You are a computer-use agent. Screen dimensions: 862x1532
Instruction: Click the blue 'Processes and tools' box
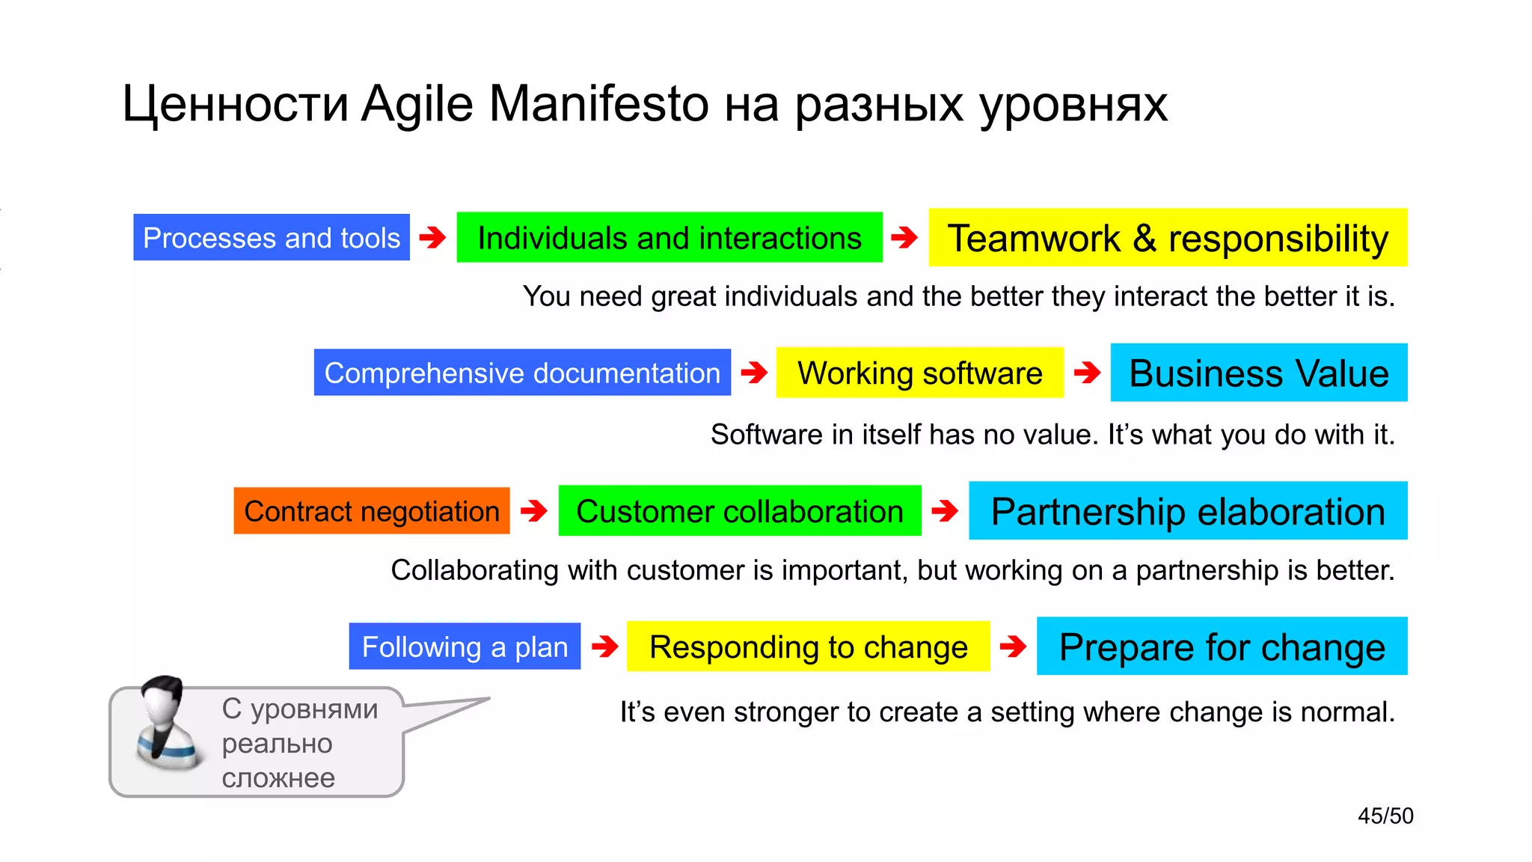coord(272,237)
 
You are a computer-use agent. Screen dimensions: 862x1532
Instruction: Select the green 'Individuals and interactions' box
coord(670,237)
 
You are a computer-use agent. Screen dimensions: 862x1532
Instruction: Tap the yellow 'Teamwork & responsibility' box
coord(1168,237)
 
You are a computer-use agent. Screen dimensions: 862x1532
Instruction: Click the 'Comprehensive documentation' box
coord(522,373)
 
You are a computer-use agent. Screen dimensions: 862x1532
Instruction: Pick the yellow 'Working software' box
coord(919,373)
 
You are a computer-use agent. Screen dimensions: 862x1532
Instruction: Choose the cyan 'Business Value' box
coord(1259,373)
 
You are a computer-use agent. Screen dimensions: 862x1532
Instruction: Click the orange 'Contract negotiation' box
coord(372,511)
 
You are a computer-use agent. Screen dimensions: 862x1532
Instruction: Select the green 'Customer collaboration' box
coord(740,511)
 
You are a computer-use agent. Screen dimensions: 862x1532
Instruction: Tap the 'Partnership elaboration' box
coord(1188,511)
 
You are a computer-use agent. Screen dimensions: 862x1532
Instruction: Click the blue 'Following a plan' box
coord(465,646)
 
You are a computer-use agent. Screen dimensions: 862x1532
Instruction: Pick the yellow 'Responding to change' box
coord(808,646)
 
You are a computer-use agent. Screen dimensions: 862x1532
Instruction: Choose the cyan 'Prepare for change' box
coord(1222,646)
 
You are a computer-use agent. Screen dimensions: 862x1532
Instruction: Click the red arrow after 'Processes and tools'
coord(432,238)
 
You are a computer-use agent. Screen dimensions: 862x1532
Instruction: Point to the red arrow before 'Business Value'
coord(1087,372)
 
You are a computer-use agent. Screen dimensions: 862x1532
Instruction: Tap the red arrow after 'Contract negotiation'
coord(533,511)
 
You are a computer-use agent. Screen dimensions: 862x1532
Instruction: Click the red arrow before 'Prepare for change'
coord(1013,646)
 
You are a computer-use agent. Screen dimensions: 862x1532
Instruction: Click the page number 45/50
coord(1385,816)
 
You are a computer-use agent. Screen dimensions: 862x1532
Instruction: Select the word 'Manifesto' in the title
coord(598,103)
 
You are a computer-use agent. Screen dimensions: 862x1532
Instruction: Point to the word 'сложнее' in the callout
coord(278,778)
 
